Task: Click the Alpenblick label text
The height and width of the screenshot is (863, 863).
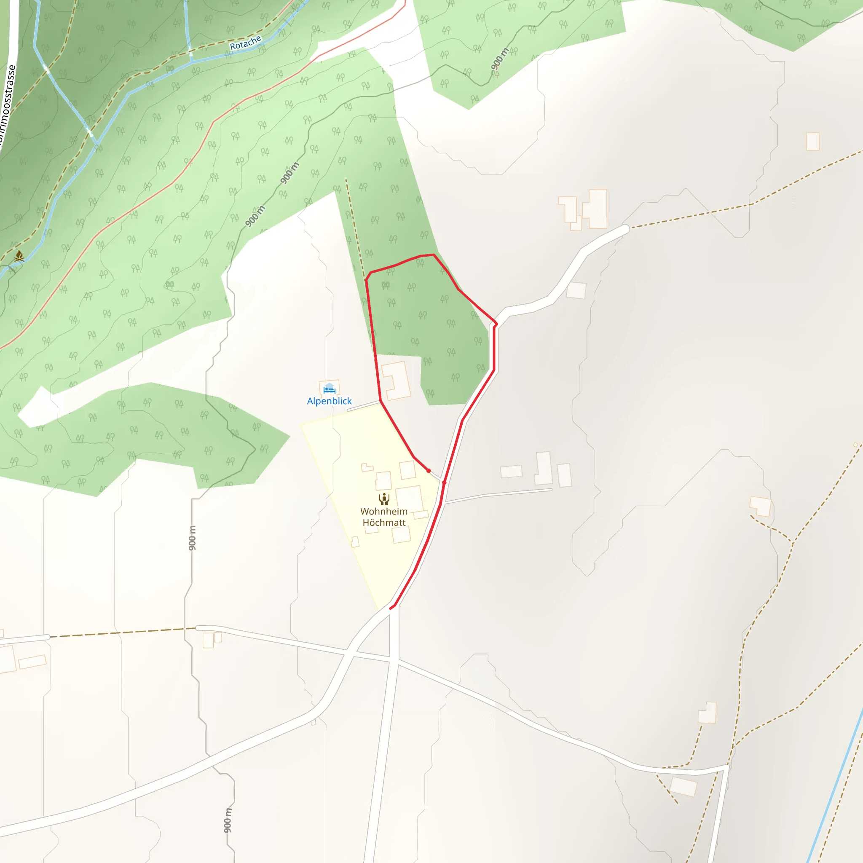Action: click(329, 401)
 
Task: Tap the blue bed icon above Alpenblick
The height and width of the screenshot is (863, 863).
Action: click(329, 388)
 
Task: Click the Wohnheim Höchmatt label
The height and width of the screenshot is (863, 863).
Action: click(384, 517)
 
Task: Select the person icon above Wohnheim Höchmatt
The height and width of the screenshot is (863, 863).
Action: click(384, 499)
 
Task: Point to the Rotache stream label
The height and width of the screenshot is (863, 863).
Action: click(245, 43)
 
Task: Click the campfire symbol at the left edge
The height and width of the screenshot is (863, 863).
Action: click(19, 256)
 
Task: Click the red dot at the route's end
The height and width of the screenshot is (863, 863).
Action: click(429, 471)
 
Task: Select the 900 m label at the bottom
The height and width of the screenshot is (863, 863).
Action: click(228, 820)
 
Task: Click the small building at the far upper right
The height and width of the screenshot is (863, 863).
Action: click(812, 142)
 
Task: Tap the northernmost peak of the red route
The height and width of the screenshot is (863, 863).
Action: click(433, 255)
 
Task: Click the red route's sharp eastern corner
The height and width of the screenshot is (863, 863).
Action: click(496, 324)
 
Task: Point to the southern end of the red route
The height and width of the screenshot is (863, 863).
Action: click(391, 608)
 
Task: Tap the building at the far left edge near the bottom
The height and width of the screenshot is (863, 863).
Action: click(7, 659)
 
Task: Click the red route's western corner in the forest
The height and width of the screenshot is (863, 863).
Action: click(366, 281)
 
